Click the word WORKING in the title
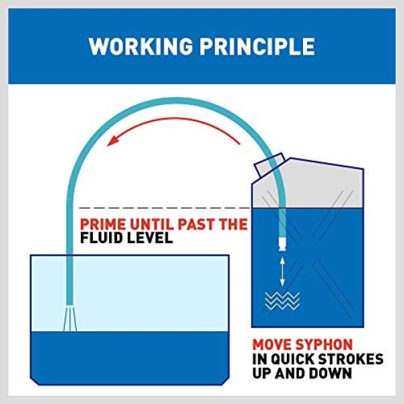(141, 46)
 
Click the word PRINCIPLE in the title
(257, 46)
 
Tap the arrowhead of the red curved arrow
(113, 141)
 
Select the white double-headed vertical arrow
(282, 271)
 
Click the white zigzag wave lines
(282, 301)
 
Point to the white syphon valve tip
(282, 244)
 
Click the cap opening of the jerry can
(269, 165)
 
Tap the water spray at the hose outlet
(70, 318)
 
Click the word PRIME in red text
(104, 224)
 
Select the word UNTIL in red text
(151, 224)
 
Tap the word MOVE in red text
(271, 345)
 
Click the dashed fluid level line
(165, 207)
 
